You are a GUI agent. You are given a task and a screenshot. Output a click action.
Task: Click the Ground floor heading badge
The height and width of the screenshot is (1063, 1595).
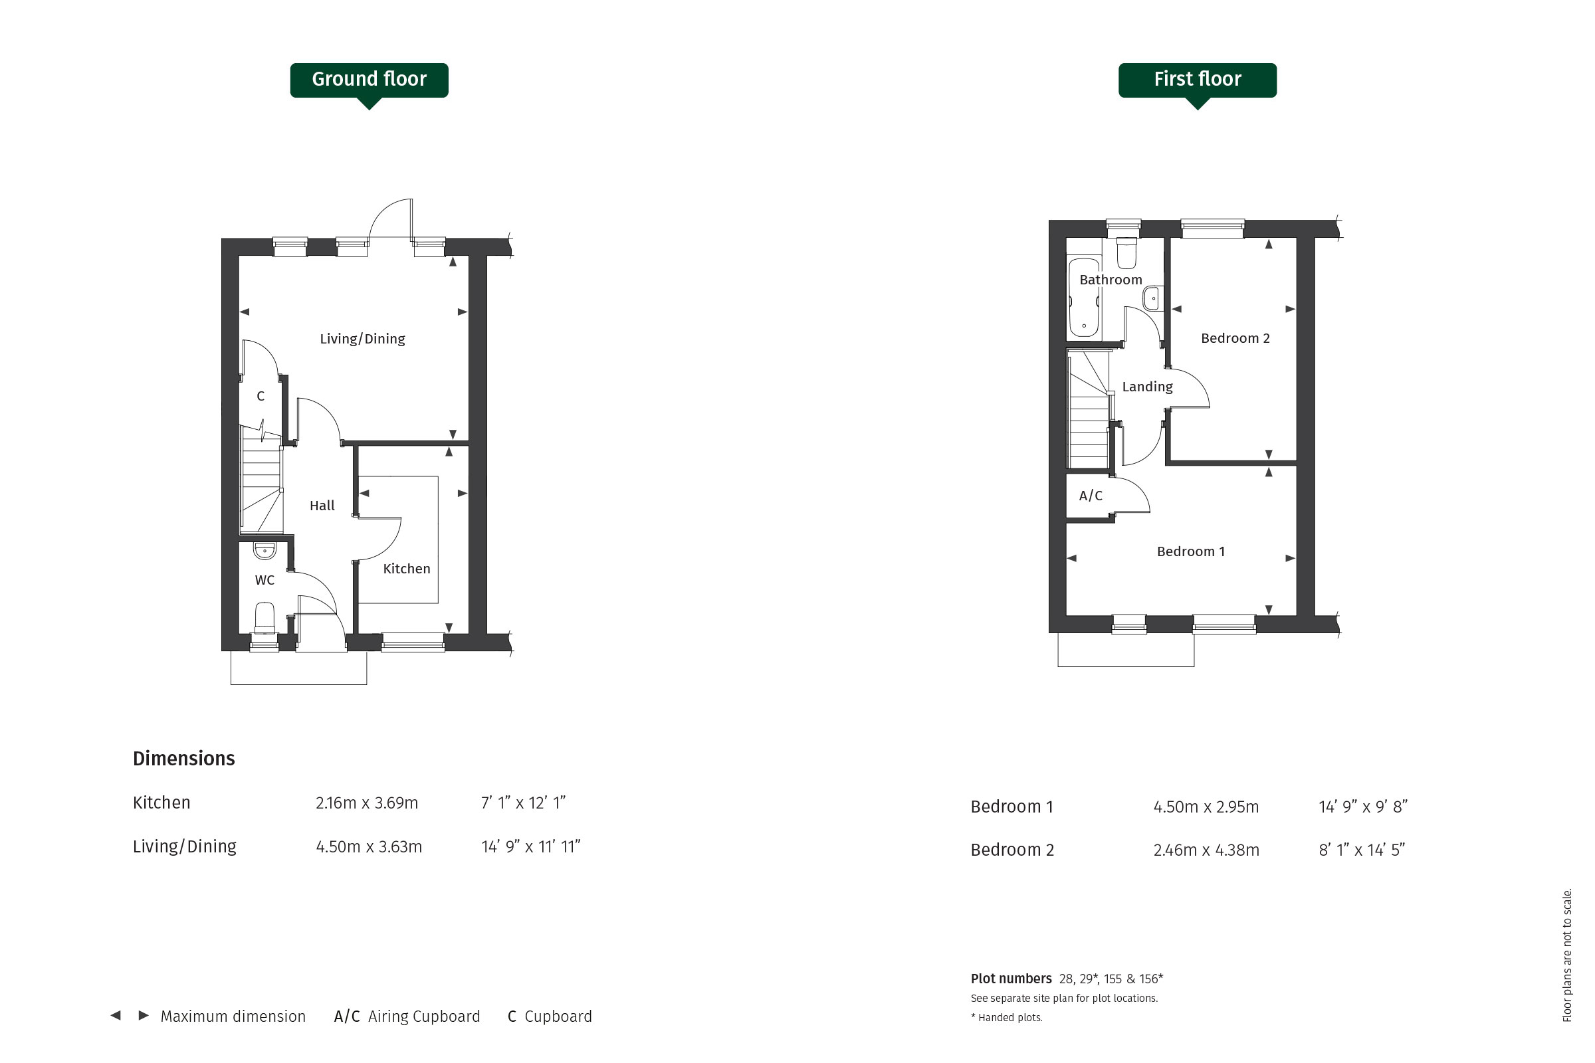point(369,80)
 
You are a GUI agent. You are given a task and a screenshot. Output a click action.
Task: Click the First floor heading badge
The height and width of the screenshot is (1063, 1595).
point(1197,80)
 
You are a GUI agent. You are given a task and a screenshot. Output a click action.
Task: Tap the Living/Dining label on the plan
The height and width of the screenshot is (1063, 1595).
point(362,339)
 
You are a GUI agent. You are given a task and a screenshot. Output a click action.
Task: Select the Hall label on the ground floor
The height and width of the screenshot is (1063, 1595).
point(322,506)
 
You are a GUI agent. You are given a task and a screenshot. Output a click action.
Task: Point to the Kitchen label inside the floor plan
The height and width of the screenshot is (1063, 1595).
point(406,569)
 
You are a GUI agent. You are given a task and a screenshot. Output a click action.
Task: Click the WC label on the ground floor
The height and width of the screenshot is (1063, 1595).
point(265,580)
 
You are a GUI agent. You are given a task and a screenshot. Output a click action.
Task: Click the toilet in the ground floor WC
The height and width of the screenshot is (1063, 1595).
point(264,619)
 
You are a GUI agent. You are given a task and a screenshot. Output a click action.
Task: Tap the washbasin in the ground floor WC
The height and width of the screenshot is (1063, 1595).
point(265,550)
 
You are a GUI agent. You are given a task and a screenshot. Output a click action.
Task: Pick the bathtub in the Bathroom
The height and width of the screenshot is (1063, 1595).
point(1084,298)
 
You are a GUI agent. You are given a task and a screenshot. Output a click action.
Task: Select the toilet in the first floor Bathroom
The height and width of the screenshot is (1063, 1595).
point(1126,252)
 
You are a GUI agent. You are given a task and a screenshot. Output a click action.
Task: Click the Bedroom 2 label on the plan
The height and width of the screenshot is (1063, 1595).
point(1235,338)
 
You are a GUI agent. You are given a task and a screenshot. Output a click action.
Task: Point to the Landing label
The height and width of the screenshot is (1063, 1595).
point(1147,387)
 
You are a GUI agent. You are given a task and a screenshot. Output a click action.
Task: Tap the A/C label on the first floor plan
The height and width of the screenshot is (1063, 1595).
point(1091,496)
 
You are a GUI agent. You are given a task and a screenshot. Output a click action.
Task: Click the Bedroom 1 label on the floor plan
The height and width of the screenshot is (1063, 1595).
point(1191,552)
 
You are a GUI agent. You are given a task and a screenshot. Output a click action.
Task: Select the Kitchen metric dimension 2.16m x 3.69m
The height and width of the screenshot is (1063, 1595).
point(366,803)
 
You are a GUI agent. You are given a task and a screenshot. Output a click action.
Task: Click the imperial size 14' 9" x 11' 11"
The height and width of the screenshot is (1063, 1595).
point(530,846)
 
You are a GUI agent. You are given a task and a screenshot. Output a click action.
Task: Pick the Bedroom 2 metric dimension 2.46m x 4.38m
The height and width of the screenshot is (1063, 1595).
point(1206,850)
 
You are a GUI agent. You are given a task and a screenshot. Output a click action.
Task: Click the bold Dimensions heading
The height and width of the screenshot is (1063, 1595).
point(184,759)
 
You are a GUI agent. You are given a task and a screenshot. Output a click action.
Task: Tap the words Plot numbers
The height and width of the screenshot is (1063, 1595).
point(1010,979)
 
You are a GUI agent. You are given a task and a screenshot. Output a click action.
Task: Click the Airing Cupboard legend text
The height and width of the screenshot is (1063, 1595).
point(424,1017)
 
